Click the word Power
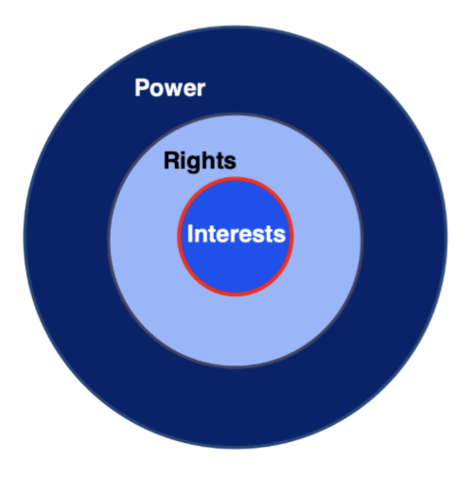tap(170, 89)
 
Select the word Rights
tap(200, 161)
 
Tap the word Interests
tap(236, 234)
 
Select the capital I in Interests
tap(190, 234)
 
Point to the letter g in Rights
tap(193, 164)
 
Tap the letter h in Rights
tap(206, 161)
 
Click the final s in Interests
tap(279, 236)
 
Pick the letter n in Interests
tap(200, 236)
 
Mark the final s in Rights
tap(229, 163)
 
